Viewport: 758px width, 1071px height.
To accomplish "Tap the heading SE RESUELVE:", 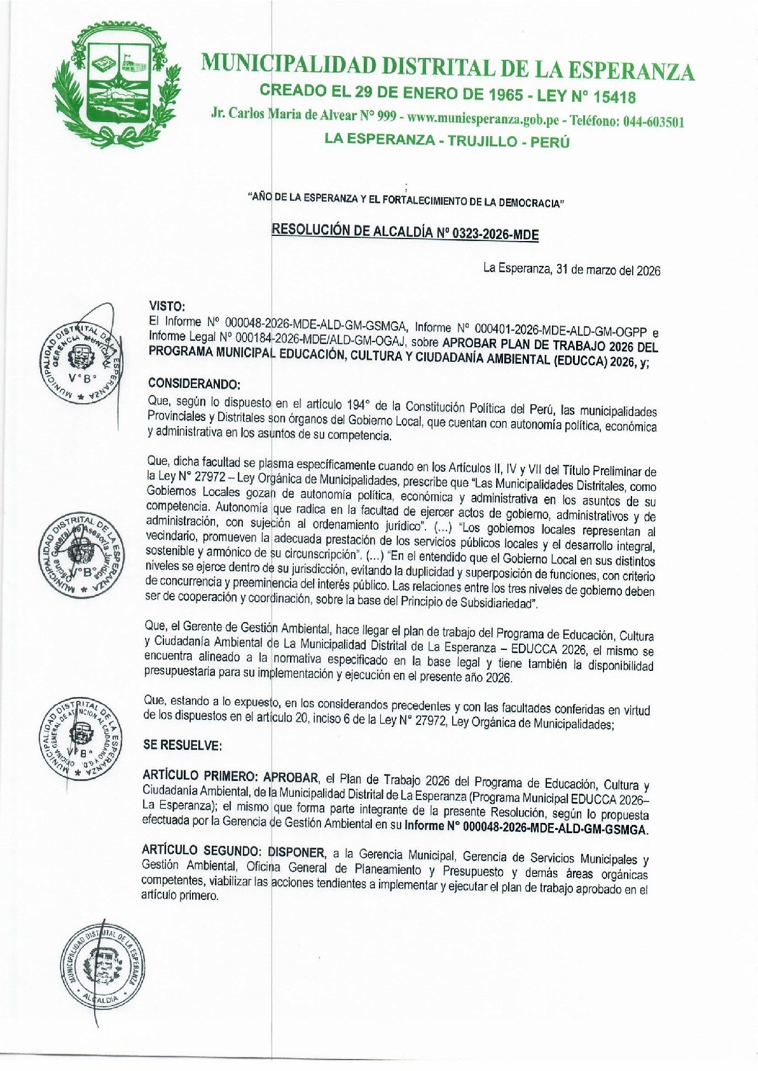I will point(183,745).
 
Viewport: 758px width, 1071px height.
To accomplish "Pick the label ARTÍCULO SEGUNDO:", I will point(202,851).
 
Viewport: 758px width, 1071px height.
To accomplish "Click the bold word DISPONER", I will point(296,852).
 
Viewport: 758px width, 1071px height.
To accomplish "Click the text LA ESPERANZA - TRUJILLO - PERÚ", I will point(446,141).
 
